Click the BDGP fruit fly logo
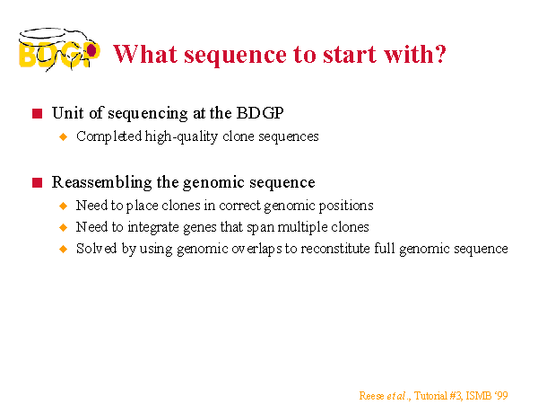click(x=59, y=49)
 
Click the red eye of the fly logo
click(x=91, y=50)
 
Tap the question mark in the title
click(x=439, y=54)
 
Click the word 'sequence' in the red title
click(x=235, y=56)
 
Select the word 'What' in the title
click(x=145, y=54)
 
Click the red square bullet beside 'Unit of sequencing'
click(x=37, y=113)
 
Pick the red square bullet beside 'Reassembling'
click(x=37, y=182)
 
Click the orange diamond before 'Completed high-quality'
click(x=64, y=136)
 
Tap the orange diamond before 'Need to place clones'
click(x=64, y=206)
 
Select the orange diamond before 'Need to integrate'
click(x=64, y=227)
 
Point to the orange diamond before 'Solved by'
click(x=64, y=249)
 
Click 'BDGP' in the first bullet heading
click(x=260, y=113)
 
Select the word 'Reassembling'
click(x=102, y=182)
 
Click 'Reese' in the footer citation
click(x=371, y=396)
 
